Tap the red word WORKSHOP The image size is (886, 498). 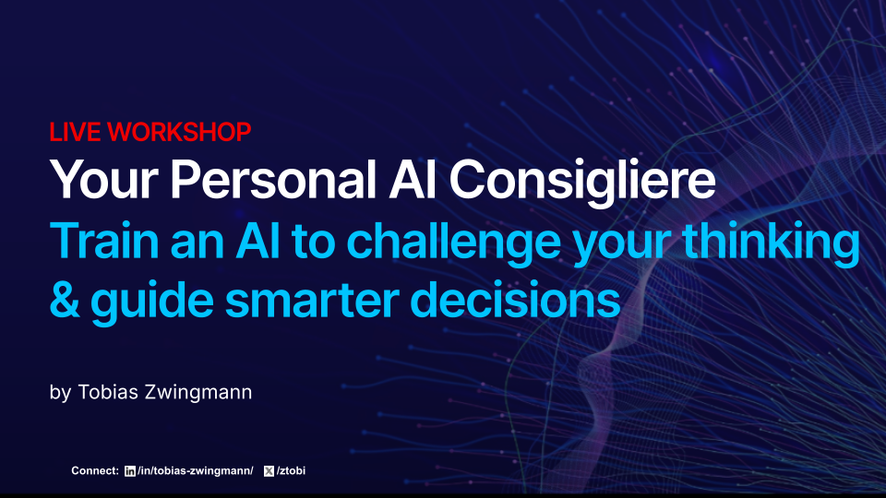(179, 132)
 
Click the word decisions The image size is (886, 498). (529, 300)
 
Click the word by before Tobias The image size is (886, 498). (60, 393)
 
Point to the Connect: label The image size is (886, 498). (95, 471)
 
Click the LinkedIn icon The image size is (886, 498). (129, 471)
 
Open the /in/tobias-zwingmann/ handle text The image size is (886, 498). (194, 471)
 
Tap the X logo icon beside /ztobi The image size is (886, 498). (269, 471)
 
